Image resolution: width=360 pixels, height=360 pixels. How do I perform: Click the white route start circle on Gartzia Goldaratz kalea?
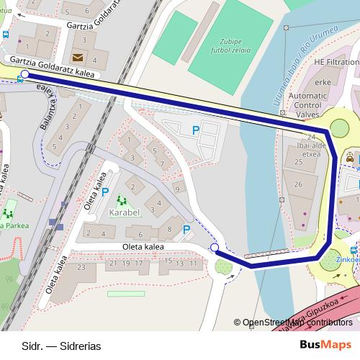pyautogui.click(x=25, y=74)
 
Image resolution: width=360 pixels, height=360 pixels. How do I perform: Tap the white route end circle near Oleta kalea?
pyautogui.click(x=214, y=248)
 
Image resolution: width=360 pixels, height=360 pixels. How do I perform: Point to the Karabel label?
pyautogui.click(x=125, y=214)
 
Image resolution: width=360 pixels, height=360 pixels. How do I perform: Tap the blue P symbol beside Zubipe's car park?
pyautogui.click(x=195, y=130)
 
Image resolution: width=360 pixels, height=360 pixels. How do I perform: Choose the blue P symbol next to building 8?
pyautogui.click(x=186, y=230)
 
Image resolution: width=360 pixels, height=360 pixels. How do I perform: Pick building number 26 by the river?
pyautogui.click(x=299, y=185)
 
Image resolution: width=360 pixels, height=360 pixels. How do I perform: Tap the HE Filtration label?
pyautogui.click(x=336, y=63)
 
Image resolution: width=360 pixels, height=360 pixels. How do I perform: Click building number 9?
pyautogui.click(x=176, y=189)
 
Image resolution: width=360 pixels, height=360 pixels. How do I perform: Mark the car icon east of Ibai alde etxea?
pyautogui.click(x=350, y=157)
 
